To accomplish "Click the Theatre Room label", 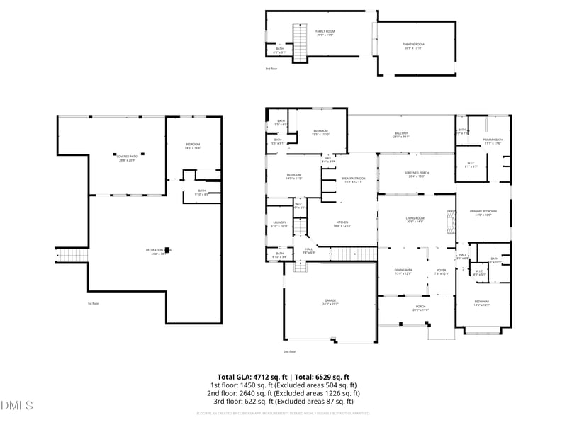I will tap(413, 45).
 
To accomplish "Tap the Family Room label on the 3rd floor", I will tap(325, 33).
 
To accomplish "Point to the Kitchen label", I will tap(342, 225).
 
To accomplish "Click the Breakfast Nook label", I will tap(353, 180).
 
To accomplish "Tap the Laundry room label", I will tap(280, 224).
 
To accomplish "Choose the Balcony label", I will tap(401, 135).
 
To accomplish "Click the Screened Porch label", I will tap(415, 174).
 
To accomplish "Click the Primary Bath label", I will tap(493, 141).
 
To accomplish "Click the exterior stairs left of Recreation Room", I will tap(71, 256).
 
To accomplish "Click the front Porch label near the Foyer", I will tap(420, 308).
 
